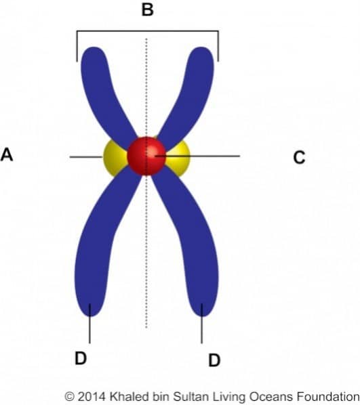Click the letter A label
click(7, 155)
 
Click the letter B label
click(147, 9)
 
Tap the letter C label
click(299, 157)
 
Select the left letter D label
click(81, 358)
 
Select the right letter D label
click(214, 360)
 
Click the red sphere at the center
click(146, 156)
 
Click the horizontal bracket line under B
click(147, 31)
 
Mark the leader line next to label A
click(86, 156)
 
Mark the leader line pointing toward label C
click(197, 156)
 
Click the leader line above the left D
click(89, 324)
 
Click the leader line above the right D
click(202, 324)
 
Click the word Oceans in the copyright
click(272, 396)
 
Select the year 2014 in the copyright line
click(92, 396)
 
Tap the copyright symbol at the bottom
click(69, 397)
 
